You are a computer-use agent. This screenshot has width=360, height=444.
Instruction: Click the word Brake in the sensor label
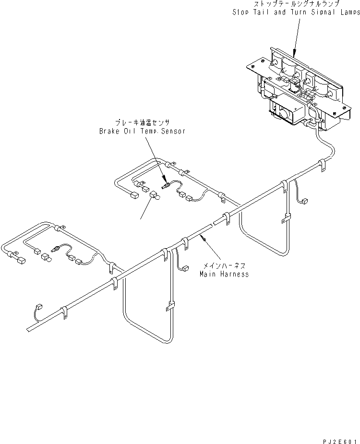point(108,131)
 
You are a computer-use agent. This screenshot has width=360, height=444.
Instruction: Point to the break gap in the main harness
point(213,225)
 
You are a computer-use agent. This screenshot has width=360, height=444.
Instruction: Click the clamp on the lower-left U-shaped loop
point(169,305)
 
